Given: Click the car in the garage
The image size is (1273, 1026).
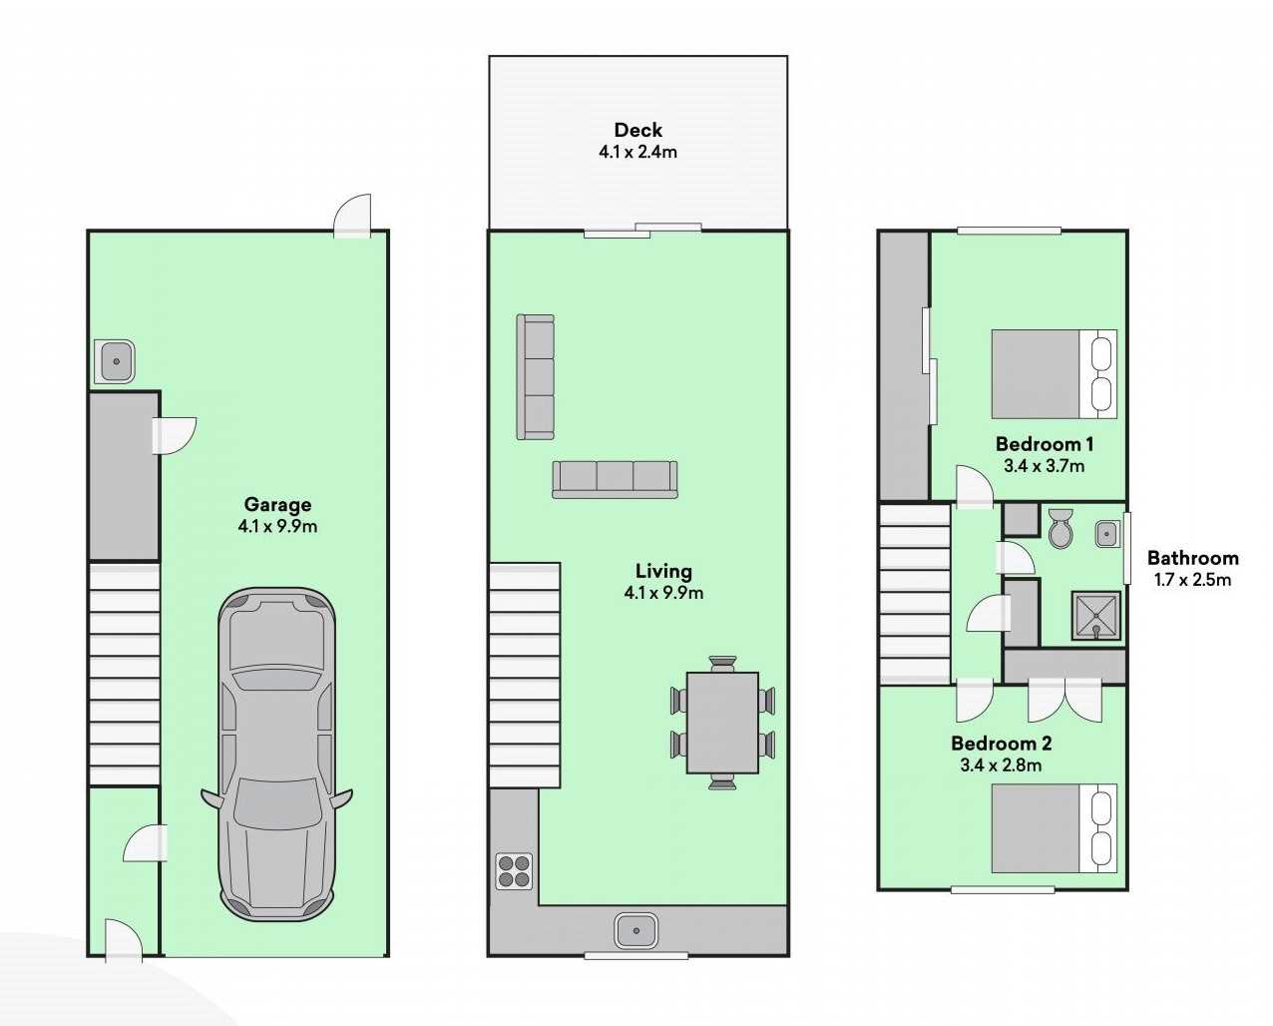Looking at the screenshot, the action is click(x=276, y=755).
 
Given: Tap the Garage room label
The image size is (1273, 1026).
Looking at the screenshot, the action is click(x=277, y=505).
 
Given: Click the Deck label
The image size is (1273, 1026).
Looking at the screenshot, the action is click(x=637, y=130).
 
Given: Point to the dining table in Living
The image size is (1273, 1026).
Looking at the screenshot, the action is click(x=722, y=723).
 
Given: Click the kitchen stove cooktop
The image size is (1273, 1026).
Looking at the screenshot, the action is click(x=514, y=871).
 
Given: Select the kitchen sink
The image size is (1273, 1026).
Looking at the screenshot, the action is click(x=636, y=931).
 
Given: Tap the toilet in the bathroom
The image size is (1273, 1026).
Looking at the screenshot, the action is click(x=1061, y=528).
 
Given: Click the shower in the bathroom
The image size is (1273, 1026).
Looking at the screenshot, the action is click(x=1096, y=616).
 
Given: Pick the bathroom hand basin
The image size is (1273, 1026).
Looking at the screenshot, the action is click(x=1106, y=534).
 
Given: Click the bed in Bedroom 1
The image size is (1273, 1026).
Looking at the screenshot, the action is click(x=1055, y=374).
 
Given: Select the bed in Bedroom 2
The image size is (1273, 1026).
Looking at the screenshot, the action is click(x=1055, y=828).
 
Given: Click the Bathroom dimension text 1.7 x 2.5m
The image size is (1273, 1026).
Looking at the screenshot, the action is click(x=1192, y=579).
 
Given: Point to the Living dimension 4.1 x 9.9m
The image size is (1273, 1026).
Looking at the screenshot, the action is click(x=663, y=592).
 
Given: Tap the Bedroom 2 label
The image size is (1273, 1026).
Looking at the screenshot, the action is click(x=1001, y=744).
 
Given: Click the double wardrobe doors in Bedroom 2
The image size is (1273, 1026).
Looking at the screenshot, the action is click(x=1064, y=700).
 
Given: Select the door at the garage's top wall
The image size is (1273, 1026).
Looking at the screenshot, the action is click(x=352, y=217).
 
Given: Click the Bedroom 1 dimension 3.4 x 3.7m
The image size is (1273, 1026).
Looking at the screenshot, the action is click(x=1045, y=466).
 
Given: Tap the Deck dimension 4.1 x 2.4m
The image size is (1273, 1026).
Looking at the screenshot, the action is click(x=637, y=152).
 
